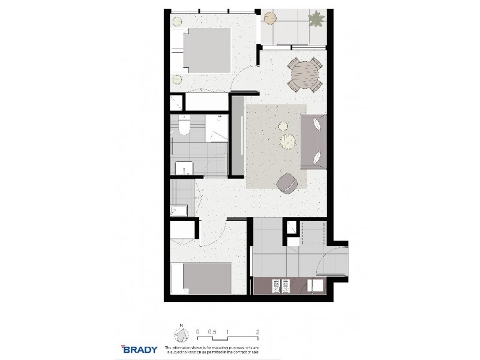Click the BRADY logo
(140, 349)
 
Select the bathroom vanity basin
(182, 166)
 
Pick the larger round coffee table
(289, 142)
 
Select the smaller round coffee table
(283, 125)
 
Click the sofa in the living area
(315, 141)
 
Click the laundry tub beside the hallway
(179, 210)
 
